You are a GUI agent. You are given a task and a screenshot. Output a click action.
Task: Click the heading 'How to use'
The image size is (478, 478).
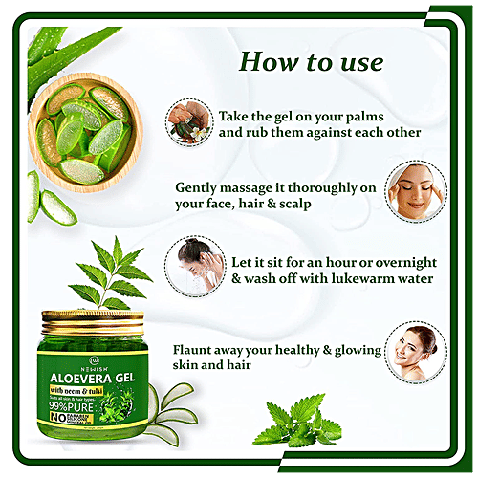[x=310, y=63]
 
